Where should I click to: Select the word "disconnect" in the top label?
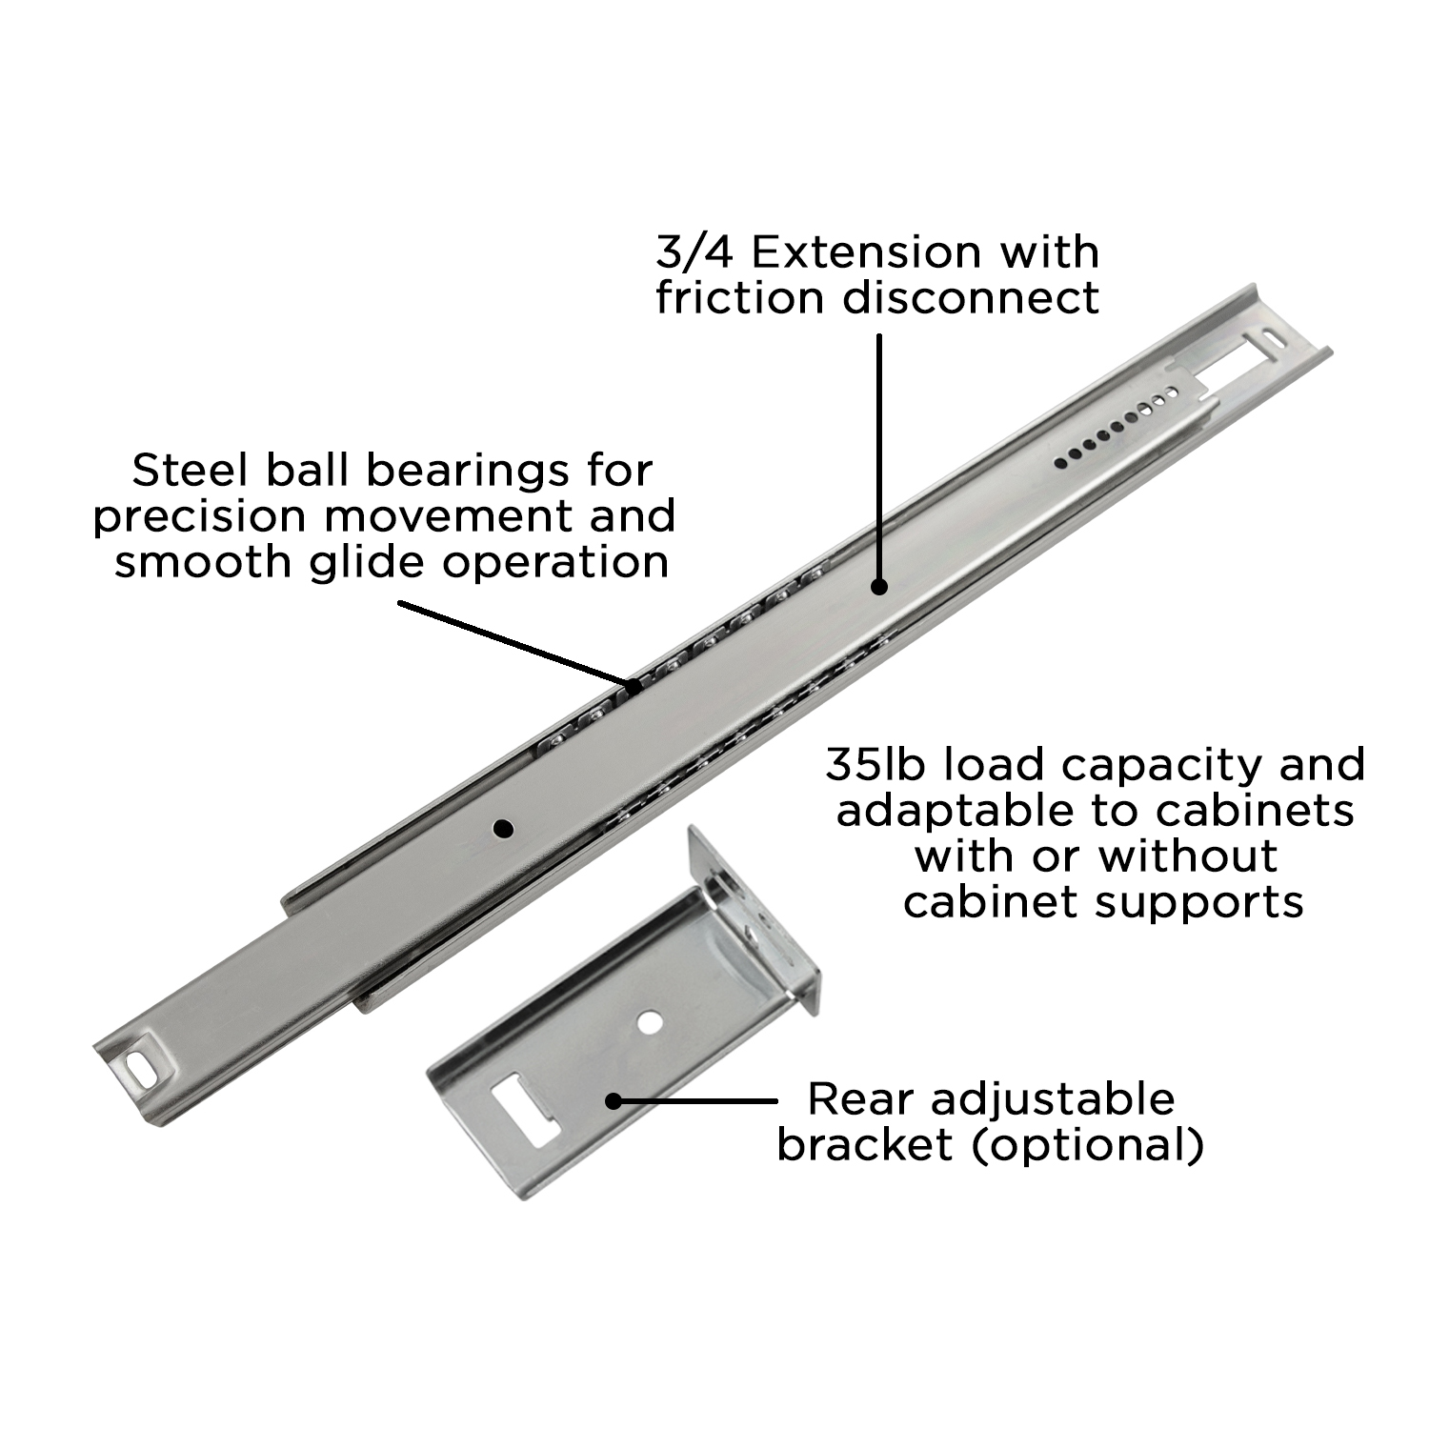(970, 297)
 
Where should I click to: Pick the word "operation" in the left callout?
(558, 562)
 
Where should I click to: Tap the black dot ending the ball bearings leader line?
(633, 684)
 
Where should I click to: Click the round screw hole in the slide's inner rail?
(503, 829)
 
